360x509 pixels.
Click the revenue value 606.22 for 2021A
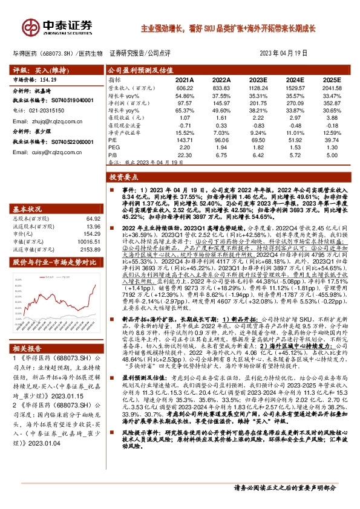click(184, 88)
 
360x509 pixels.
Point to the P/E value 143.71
click(184, 140)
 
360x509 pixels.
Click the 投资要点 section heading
click(123, 178)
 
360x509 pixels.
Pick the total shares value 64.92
click(93, 218)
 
